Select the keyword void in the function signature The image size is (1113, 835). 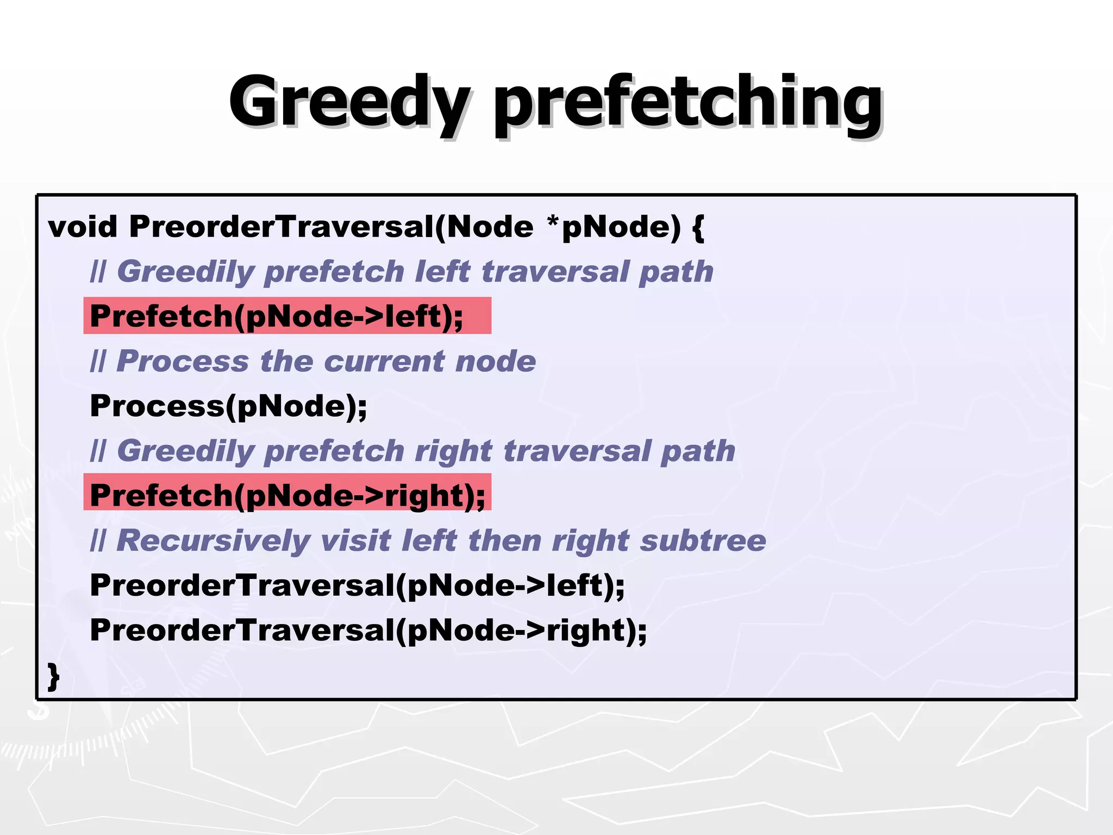click(x=83, y=226)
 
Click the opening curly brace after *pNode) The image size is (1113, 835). click(x=699, y=227)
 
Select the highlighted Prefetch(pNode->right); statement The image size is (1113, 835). click(x=287, y=495)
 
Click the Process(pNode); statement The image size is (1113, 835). click(x=228, y=406)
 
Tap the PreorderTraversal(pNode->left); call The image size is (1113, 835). click(x=357, y=585)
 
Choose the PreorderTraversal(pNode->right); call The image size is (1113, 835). click(x=368, y=631)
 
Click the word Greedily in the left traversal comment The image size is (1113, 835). click(x=185, y=271)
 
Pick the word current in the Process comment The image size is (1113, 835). click(x=385, y=361)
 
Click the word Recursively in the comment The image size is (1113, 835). click(x=213, y=540)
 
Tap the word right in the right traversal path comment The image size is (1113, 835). click(x=453, y=451)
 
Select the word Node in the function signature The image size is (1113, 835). click(x=490, y=226)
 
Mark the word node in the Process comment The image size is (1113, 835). click(x=496, y=361)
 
